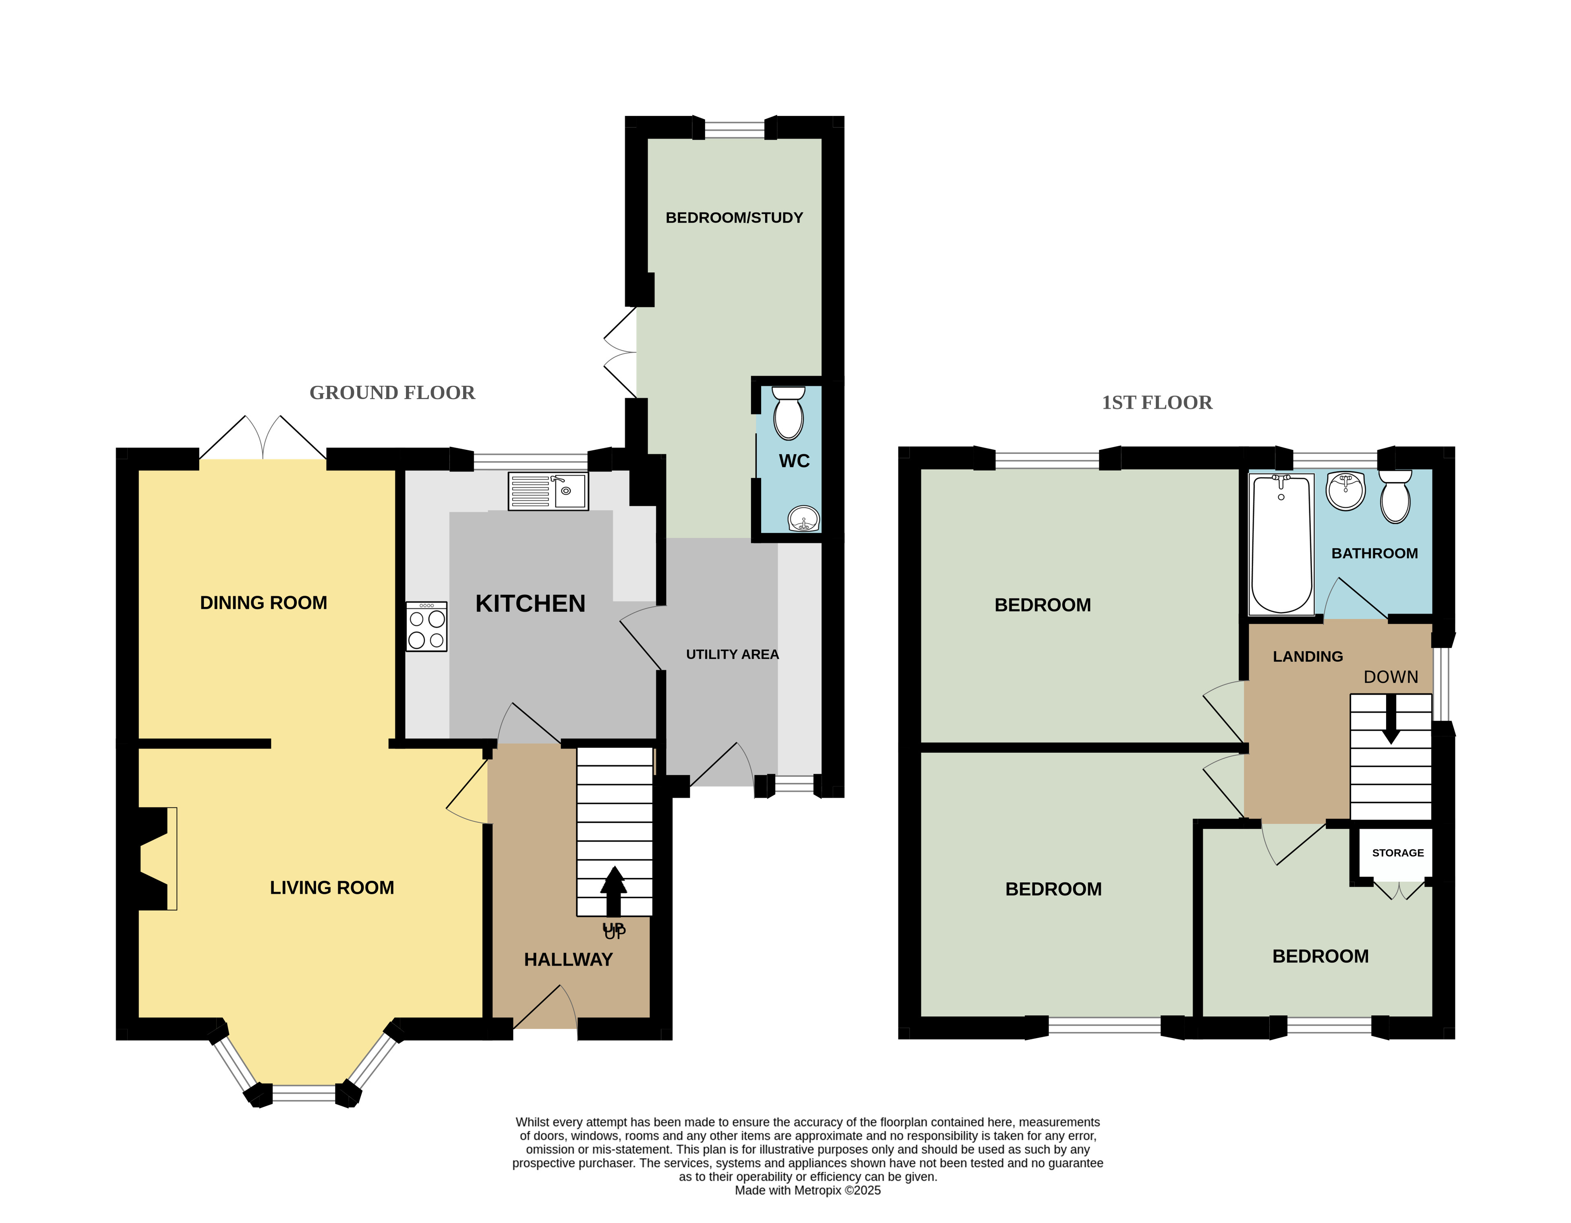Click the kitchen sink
point(548,491)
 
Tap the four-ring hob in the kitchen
point(426,627)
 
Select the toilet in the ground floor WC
point(789,413)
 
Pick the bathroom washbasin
point(1345,490)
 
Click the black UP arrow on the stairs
point(614,891)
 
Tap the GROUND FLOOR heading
point(392,393)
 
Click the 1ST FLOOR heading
point(1157,403)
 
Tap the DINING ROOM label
point(263,603)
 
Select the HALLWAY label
point(568,960)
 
